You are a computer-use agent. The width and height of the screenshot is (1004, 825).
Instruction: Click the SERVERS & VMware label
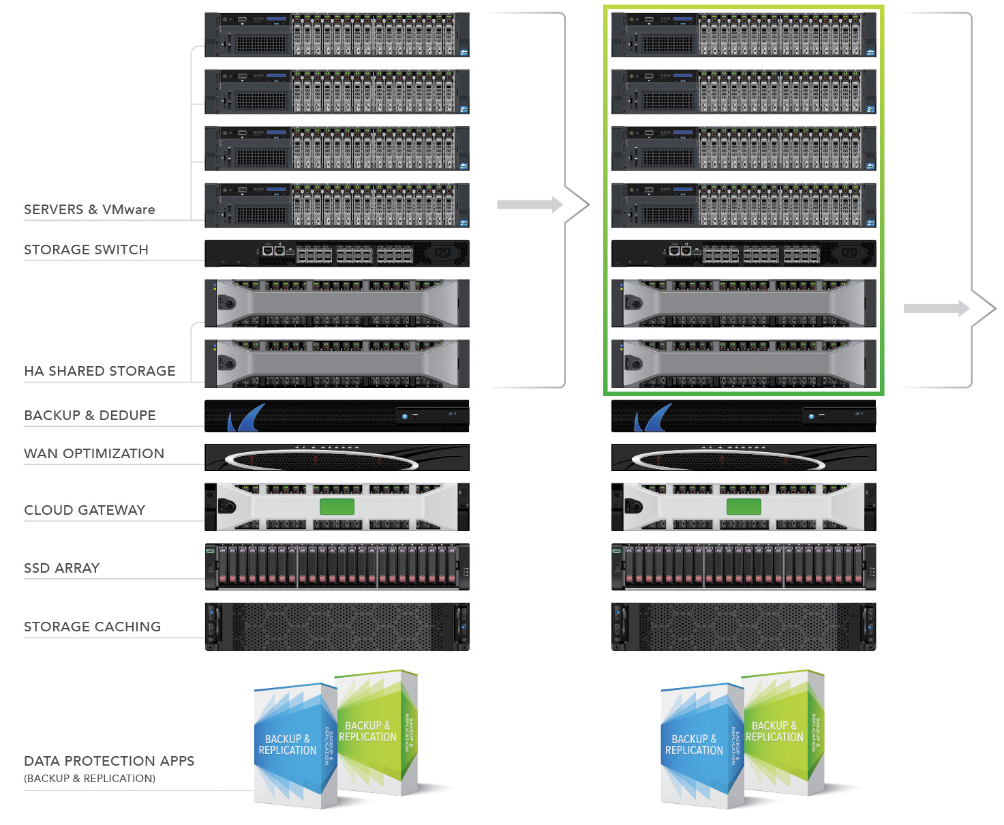click(x=89, y=209)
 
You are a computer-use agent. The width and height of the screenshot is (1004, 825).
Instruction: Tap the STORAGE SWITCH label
click(x=86, y=250)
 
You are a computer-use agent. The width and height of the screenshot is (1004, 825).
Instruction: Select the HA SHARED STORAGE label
click(x=100, y=371)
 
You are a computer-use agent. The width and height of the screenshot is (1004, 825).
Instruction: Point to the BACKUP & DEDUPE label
click(x=90, y=415)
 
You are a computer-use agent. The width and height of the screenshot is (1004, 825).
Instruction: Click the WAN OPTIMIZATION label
click(x=94, y=453)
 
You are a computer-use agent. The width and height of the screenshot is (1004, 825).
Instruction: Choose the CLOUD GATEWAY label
click(x=85, y=510)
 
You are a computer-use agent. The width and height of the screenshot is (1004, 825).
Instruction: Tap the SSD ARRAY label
click(x=62, y=568)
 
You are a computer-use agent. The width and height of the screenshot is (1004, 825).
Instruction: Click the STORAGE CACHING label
click(x=93, y=627)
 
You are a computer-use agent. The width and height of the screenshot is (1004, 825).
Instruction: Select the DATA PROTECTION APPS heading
click(x=109, y=761)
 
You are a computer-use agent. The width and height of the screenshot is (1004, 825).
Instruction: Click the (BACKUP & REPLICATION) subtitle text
click(x=90, y=779)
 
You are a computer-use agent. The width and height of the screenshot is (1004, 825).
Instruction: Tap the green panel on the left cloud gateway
click(x=337, y=507)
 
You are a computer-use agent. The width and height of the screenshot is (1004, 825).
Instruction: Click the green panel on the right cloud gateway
click(x=744, y=507)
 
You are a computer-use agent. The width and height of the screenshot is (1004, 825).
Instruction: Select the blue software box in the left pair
click(x=290, y=747)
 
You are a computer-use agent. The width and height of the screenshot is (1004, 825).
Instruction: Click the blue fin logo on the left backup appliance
click(x=245, y=418)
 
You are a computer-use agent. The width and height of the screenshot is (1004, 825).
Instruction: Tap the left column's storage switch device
click(x=337, y=254)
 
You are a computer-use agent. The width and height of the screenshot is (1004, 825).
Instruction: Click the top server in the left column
click(x=337, y=35)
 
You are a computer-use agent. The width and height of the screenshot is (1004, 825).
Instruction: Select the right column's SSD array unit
click(x=744, y=567)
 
